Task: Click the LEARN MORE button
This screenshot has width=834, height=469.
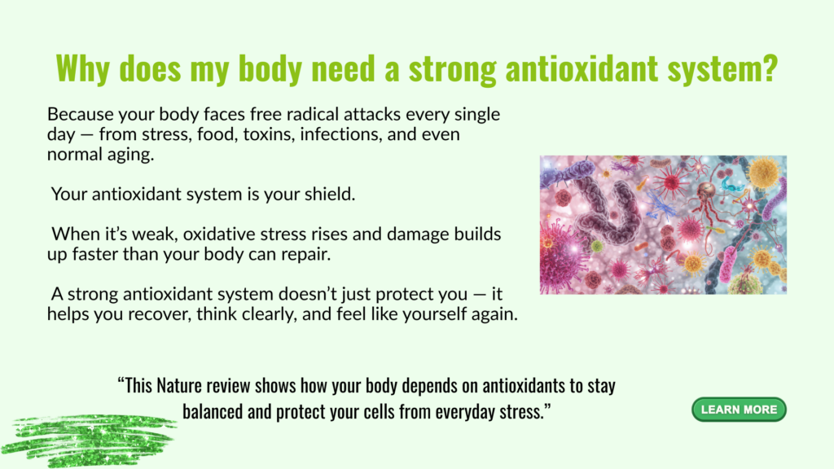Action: [x=739, y=410]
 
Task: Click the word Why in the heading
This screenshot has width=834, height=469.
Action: [x=82, y=68]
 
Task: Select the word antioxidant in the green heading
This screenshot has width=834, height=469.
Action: [x=582, y=68]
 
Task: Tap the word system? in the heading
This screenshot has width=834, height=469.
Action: [x=723, y=69]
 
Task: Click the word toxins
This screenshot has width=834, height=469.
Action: [x=269, y=134]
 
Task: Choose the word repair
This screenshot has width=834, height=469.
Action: [x=306, y=255]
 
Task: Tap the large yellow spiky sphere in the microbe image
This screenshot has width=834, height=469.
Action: [x=764, y=173]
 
